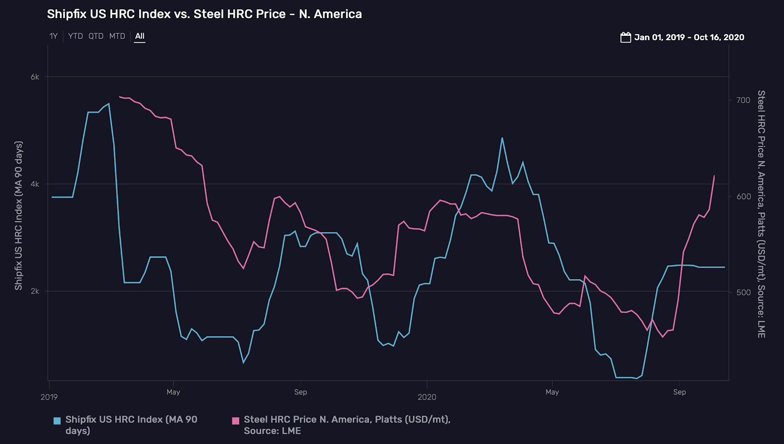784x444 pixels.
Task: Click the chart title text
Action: [x=204, y=14]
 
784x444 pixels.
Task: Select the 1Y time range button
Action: [x=53, y=36]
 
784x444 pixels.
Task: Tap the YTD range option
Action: [x=75, y=36]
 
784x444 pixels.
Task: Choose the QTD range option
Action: [x=96, y=36]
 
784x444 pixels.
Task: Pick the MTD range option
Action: [x=117, y=36]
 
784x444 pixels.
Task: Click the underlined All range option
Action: [x=140, y=36]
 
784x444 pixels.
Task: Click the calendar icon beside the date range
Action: [x=625, y=37]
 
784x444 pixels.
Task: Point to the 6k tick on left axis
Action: [x=35, y=77]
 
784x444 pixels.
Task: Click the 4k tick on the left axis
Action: [x=35, y=184]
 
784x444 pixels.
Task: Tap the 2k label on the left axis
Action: [x=35, y=291]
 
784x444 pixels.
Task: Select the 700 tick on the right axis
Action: [x=743, y=100]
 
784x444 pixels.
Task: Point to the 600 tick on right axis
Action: [x=743, y=196]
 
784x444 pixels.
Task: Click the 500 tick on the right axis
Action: [x=743, y=292]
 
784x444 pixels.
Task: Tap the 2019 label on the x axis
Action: [x=49, y=397]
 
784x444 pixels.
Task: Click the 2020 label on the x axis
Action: [x=427, y=397]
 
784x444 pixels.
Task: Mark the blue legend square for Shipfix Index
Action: [x=57, y=420]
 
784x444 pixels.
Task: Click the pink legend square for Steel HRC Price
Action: [x=236, y=420]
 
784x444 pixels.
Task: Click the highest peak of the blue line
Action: [x=109, y=104]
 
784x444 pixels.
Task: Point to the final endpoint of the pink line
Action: [x=714, y=176]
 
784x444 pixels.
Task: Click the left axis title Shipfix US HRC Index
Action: [x=19, y=215]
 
